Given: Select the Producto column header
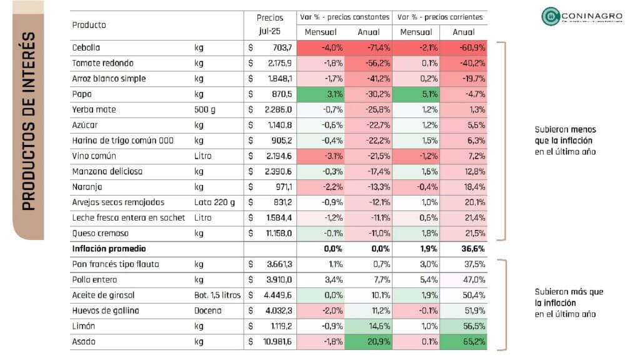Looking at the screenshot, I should pyautogui.click(x=89, y=25).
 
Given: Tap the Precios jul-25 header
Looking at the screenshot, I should pyautogui.click(x=270, y=24).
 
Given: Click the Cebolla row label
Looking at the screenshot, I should pyautogui.click(x=86, y=48).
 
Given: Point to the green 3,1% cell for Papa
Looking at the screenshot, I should pyautogui.click(x=321, y=94).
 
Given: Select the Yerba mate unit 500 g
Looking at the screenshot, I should pyautogui.click(x=205, y=110).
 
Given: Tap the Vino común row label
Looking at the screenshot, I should pyautogui.click(x=94, y=156).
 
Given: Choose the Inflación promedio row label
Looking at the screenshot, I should pyautogui.click(x=107, y=249).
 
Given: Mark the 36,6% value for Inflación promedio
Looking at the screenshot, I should pyautogui.click(x=464, y=249).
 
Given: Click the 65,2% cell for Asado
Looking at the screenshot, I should pyautogui.click(x=464, y=342).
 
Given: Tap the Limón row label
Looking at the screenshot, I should pyautogui.click(x=84, y=326).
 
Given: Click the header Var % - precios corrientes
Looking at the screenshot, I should pyautogui.click(x=440, y=17).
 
